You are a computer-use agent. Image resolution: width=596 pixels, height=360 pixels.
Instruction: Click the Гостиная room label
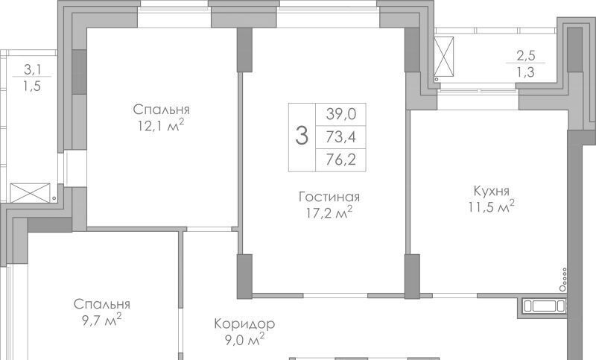[329, 197]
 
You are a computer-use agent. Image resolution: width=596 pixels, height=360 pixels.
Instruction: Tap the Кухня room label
[492, 191]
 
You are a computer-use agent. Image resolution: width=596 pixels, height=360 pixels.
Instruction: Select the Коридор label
[244, 324]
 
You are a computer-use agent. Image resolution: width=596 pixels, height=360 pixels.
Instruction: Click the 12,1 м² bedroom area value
[161, 125]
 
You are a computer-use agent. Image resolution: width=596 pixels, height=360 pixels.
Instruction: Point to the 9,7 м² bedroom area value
[101, 320]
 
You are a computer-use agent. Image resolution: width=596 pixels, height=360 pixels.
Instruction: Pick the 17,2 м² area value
[329, 212]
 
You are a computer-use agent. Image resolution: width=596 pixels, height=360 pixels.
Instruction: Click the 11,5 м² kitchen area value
[492, 206]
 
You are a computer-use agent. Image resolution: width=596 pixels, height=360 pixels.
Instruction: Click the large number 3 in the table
[302, 136]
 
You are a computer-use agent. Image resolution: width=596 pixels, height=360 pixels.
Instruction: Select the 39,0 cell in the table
[341, 113]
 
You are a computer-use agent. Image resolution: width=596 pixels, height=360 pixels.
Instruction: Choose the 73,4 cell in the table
[341, 136]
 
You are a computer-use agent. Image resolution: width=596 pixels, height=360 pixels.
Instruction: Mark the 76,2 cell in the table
[341, 160]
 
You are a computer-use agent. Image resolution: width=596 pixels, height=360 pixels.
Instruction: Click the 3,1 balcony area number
[33, 69]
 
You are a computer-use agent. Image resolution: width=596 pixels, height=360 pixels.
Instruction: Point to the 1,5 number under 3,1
[32, 86]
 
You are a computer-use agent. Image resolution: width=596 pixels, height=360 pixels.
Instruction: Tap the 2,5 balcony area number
[526, 55]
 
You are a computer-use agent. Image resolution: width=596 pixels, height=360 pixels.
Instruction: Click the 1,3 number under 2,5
[526, 72]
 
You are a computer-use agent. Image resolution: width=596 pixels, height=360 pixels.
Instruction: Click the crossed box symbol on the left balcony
[30, 193]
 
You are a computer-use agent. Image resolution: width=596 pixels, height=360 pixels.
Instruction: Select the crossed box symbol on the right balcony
[444, 55]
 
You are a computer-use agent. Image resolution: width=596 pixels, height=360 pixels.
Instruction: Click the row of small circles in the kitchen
[563, 280]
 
